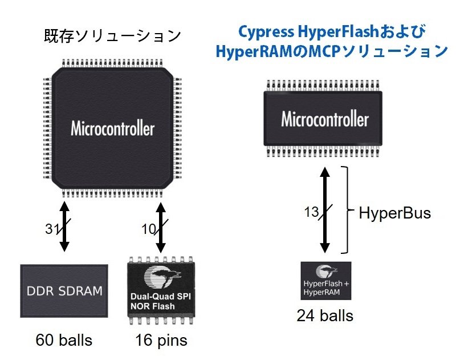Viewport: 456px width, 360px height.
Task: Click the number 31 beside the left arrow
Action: pos(52,228)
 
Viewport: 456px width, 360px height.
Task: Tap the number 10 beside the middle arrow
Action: pos(149,229)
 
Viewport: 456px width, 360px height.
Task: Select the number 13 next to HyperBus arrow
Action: pos(311,212)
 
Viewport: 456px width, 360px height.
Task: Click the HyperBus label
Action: pos(394,213)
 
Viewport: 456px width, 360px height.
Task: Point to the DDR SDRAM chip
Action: pos(64,291)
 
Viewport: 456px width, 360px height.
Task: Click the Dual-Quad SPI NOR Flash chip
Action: pos(161,290)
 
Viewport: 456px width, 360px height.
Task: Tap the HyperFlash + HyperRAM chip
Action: pos(326,281)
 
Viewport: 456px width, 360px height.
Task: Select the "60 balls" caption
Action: pos(64,340)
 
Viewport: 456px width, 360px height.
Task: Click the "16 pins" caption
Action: pos(161,340)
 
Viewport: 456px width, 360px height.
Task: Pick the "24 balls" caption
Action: pos(325,315)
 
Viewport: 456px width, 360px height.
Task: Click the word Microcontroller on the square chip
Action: pos(112,128)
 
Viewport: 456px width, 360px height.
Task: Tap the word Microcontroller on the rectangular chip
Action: pos(325,119)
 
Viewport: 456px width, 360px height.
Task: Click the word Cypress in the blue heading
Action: pos(266,33)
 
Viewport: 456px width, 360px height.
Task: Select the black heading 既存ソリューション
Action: pos(112,36)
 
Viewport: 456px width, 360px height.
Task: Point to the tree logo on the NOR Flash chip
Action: pos(162,277)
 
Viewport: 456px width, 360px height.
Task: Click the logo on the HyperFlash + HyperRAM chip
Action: pos(326,271)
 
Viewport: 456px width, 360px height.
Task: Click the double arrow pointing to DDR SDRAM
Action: pos(64,226)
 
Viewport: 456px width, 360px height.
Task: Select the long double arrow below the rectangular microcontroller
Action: pos(325,210)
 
